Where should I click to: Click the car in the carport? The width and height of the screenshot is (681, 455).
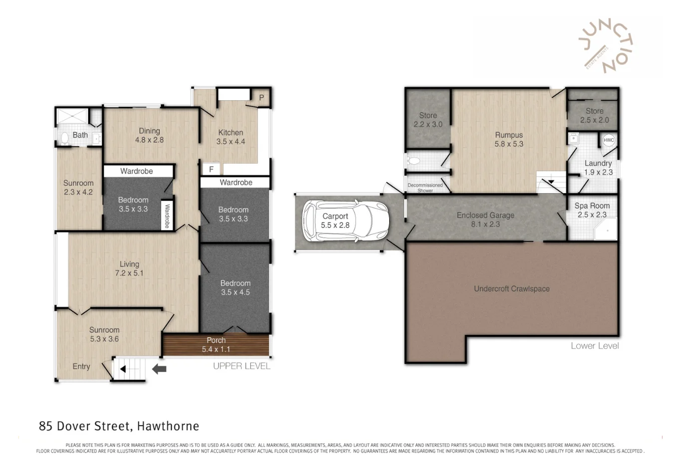tap(345, 221)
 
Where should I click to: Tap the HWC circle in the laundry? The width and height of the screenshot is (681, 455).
tap(608, 140)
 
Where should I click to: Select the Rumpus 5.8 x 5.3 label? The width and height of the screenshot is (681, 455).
tap(509, 139)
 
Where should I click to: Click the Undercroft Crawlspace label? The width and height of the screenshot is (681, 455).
tap(511, 289)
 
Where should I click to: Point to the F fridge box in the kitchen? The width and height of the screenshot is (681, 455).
tap(211, 170)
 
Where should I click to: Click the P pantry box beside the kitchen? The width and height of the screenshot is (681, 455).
tap(261, 98)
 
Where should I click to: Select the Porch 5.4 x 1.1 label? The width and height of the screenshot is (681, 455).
tap(216, 345)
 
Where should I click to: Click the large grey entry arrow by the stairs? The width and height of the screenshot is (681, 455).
tap(159, 369)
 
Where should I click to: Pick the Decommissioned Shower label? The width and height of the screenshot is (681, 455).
tap(425, 188)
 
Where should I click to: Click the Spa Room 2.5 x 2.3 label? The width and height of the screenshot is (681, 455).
tap(592, 210)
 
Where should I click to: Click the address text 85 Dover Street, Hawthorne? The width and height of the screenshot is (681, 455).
tap(119, 426)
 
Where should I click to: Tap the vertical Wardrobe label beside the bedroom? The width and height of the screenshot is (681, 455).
tap(167, 216)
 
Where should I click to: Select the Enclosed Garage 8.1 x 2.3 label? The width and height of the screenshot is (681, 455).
tap(485, 220)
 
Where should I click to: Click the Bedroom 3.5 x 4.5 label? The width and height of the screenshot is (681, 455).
tap(235, 287)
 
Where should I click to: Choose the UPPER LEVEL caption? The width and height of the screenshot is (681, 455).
tap(241, 366)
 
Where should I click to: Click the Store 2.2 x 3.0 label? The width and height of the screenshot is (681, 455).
tap(428, 120)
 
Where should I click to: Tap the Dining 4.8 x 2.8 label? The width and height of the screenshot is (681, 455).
tap(149, 135)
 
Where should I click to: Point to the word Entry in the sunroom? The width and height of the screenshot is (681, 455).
tap(81, 367)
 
